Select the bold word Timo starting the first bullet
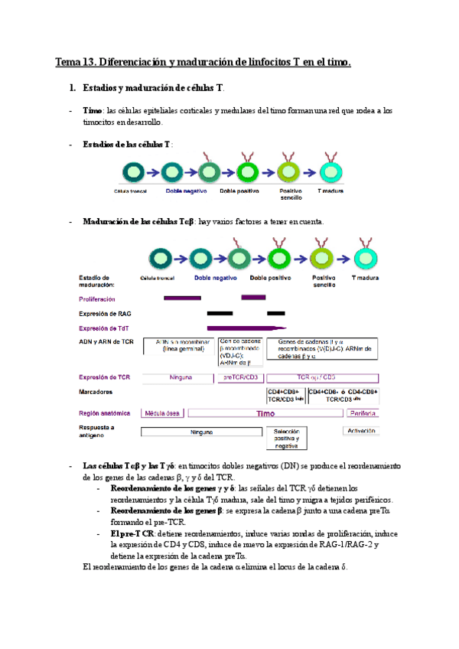tap(93, 111)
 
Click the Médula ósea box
tap(162, 413)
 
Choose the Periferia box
tap(362, 413)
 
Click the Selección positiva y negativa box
tap(286, 438)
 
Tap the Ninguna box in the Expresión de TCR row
tap(181, 377)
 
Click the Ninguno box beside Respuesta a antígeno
tap(200, 432)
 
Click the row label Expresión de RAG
tap(106, 313)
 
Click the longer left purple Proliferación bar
tap(182, 297)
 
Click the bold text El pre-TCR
tap(133, 533)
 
